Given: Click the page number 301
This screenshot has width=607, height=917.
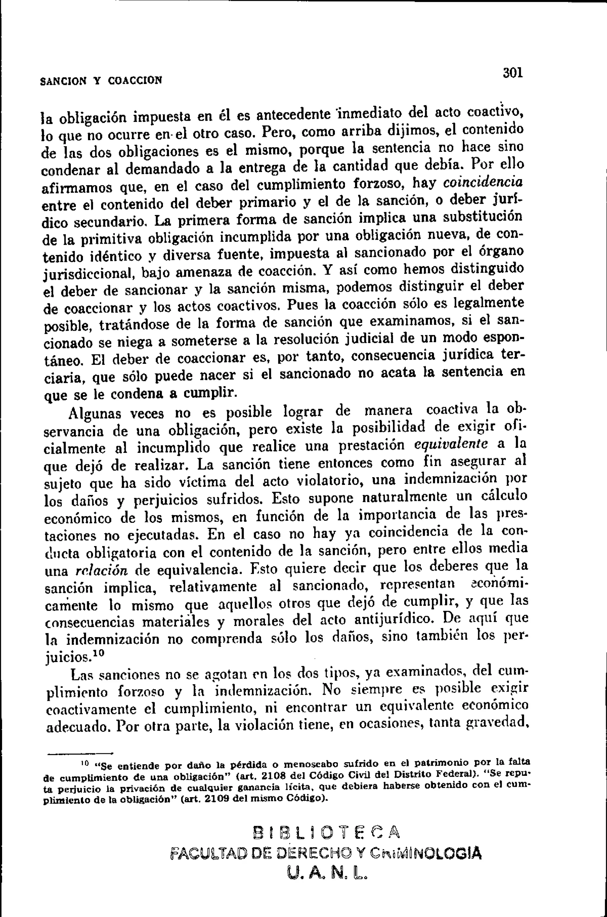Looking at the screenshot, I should pos(513,73).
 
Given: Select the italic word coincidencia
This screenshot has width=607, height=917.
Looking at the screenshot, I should pos(483,182).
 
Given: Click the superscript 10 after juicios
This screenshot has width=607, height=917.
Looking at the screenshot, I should pos(99,652).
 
